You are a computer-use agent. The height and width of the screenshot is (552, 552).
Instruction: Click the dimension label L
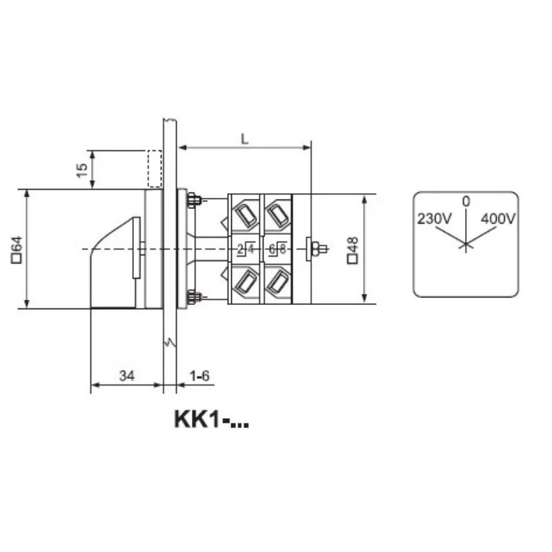coord(245,139)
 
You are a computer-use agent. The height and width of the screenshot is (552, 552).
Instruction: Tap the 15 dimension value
coord(81,170)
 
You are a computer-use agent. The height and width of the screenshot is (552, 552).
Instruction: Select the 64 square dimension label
coord(17,250)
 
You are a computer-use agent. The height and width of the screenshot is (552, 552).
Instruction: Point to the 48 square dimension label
coord(353,250)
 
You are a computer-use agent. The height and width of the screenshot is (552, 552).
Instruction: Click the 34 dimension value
coord(127,375)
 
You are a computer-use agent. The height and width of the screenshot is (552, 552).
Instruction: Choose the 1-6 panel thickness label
coord(199,375)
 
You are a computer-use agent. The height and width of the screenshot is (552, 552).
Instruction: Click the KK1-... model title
coord(212,420)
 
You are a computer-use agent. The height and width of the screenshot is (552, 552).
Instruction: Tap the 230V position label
coord(434,219)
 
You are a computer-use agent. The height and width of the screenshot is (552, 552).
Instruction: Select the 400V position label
coord(498,219)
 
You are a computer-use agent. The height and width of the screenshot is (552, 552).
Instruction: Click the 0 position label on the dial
coord(466,201)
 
